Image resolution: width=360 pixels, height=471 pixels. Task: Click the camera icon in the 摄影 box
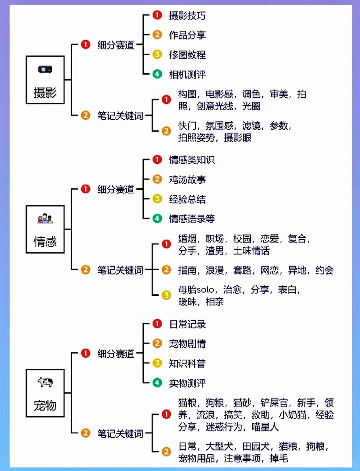[45, 69]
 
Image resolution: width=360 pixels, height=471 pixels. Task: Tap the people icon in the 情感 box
[45, 219]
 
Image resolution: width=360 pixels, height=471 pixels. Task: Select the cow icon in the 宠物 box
[45, 382]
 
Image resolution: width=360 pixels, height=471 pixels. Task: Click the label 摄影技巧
[187, 16]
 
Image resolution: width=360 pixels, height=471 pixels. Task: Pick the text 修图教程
[187, 55]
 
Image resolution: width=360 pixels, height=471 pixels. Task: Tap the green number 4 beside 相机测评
[157, 74]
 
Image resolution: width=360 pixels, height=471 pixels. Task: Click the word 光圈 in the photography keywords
[251, 106]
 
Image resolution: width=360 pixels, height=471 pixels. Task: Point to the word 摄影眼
[237, 138]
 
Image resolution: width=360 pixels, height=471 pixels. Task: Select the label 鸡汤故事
[187, 180]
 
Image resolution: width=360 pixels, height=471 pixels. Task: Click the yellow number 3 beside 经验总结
[157, 199]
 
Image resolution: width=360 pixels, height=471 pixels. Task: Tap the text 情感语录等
[192, 219]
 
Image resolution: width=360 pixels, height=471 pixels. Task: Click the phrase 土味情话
[251, 251]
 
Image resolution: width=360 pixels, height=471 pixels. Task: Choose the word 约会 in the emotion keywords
[324, 270]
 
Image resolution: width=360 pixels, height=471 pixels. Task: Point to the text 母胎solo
[196, 290]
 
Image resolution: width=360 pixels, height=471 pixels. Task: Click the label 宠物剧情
[187, 344]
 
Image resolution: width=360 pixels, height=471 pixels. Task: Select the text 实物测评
[187, 383]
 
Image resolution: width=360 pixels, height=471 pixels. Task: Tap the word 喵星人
[265, 427]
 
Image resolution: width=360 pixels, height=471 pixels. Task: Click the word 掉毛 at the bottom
[279, 458]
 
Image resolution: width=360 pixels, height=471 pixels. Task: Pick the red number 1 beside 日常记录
[157, 324]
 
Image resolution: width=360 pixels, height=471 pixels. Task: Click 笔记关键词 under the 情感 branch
[120, 270]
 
